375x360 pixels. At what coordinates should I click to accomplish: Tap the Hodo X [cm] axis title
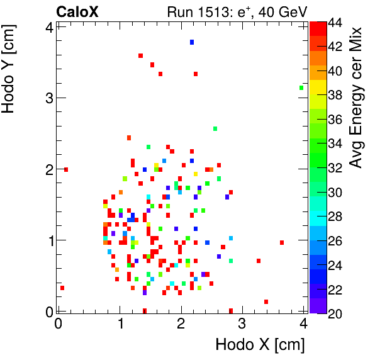coord(260,345)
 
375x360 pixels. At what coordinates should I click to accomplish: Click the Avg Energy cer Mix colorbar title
coord(356,98)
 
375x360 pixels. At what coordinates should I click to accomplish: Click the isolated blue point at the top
coord(192,42)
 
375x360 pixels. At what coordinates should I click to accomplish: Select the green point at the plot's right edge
coord(301,88)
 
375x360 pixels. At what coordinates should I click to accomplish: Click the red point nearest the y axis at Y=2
coord(65,169)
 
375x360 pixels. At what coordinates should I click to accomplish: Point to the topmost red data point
coord(140,55)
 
